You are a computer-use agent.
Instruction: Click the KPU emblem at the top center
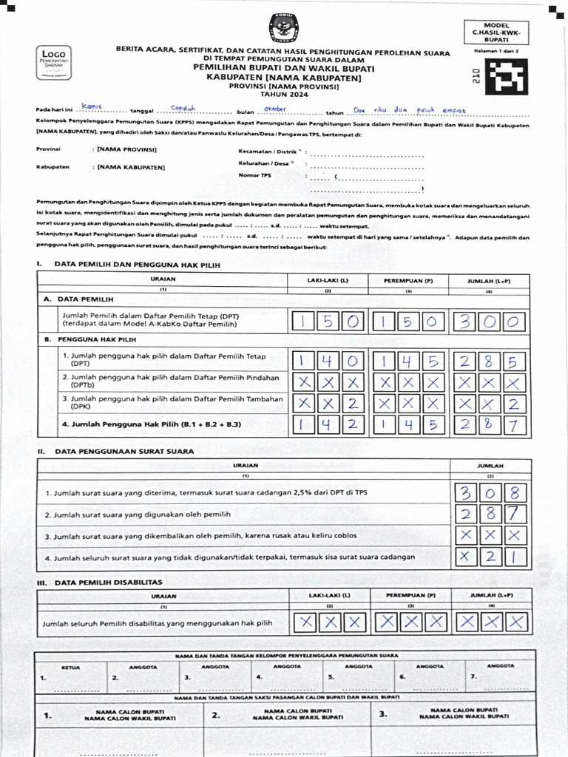click(283, 27)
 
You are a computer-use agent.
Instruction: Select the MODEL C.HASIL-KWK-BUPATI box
click(496, 32)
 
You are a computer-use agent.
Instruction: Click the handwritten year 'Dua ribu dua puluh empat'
click(410, 110)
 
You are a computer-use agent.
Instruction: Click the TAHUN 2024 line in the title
click(283, 95)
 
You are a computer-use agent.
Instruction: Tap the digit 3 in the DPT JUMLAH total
click(464, 322)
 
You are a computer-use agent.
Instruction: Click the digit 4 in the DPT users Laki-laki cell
click(328, 361)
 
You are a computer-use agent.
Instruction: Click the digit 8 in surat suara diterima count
click(515, 493)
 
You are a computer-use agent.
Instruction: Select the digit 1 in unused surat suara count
click(515, 557)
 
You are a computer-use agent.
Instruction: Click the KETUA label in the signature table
click(70, 666)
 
